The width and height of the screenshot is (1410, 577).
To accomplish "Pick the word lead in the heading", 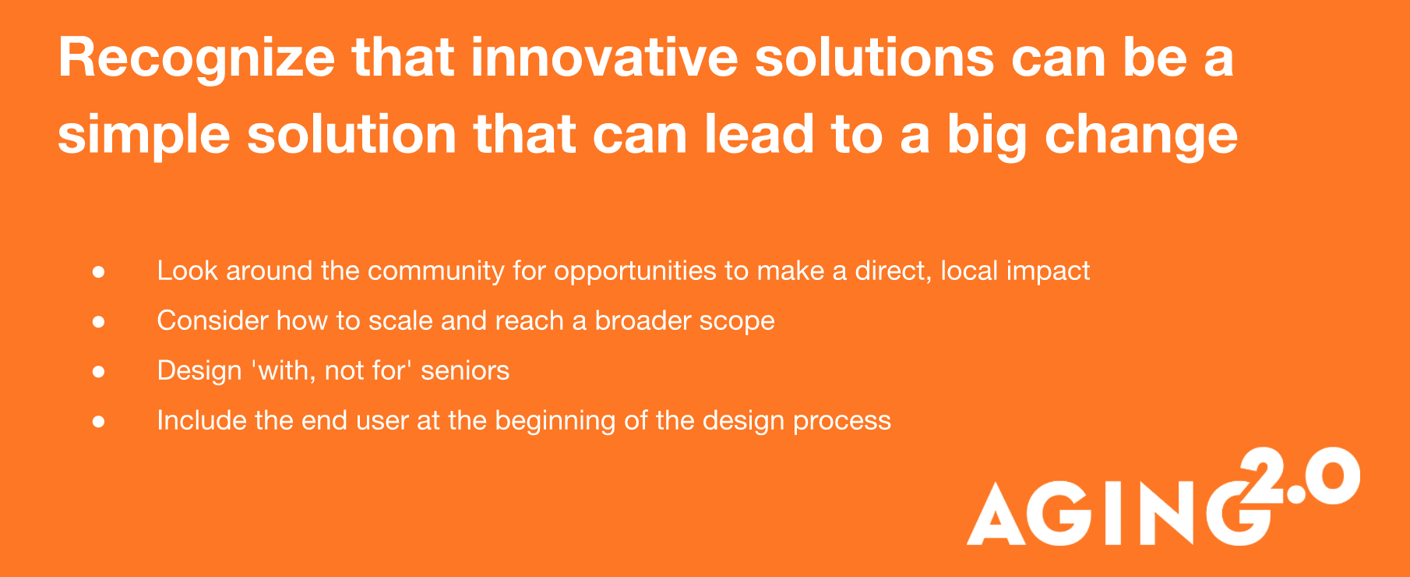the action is pyautogui.click(x=760, y=134).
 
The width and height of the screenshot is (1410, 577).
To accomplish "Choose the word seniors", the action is pyautogui.click(x=465, y=370).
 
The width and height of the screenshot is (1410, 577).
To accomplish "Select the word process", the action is pyautogui.click(x=842, y=422).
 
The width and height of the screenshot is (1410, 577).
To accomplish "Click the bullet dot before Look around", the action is pyautogui.click(x=98, y=271).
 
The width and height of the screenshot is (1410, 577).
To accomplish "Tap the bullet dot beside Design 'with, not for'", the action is pyautogui.click(x=98, y=371).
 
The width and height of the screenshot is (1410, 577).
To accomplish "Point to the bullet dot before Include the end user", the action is pyautogui.click(x=98, y=421).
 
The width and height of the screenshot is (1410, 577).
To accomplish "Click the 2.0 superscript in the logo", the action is pyautogui.click(x=1299, y=476).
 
